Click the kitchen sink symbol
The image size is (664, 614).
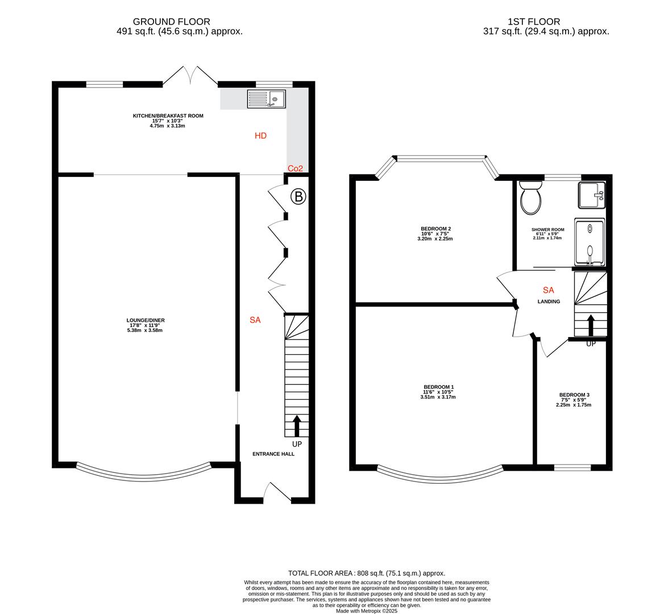(267, 99)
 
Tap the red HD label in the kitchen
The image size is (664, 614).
(260, 136)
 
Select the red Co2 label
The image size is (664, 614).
(295, 168)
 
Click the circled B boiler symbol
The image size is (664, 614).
(298, 197)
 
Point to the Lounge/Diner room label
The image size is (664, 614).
(145, 320)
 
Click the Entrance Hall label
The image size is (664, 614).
(273, 454)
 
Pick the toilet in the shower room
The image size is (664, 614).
(531, 197)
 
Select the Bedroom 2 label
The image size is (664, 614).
(436, 229)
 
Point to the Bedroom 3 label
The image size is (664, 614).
(574, 395)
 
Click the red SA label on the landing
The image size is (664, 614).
(549, 290)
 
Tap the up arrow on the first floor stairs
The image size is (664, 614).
(590, 326)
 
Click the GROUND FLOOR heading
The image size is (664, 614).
(171, 22)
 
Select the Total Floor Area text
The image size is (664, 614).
(366, 573)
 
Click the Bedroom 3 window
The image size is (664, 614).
(572, 468)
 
